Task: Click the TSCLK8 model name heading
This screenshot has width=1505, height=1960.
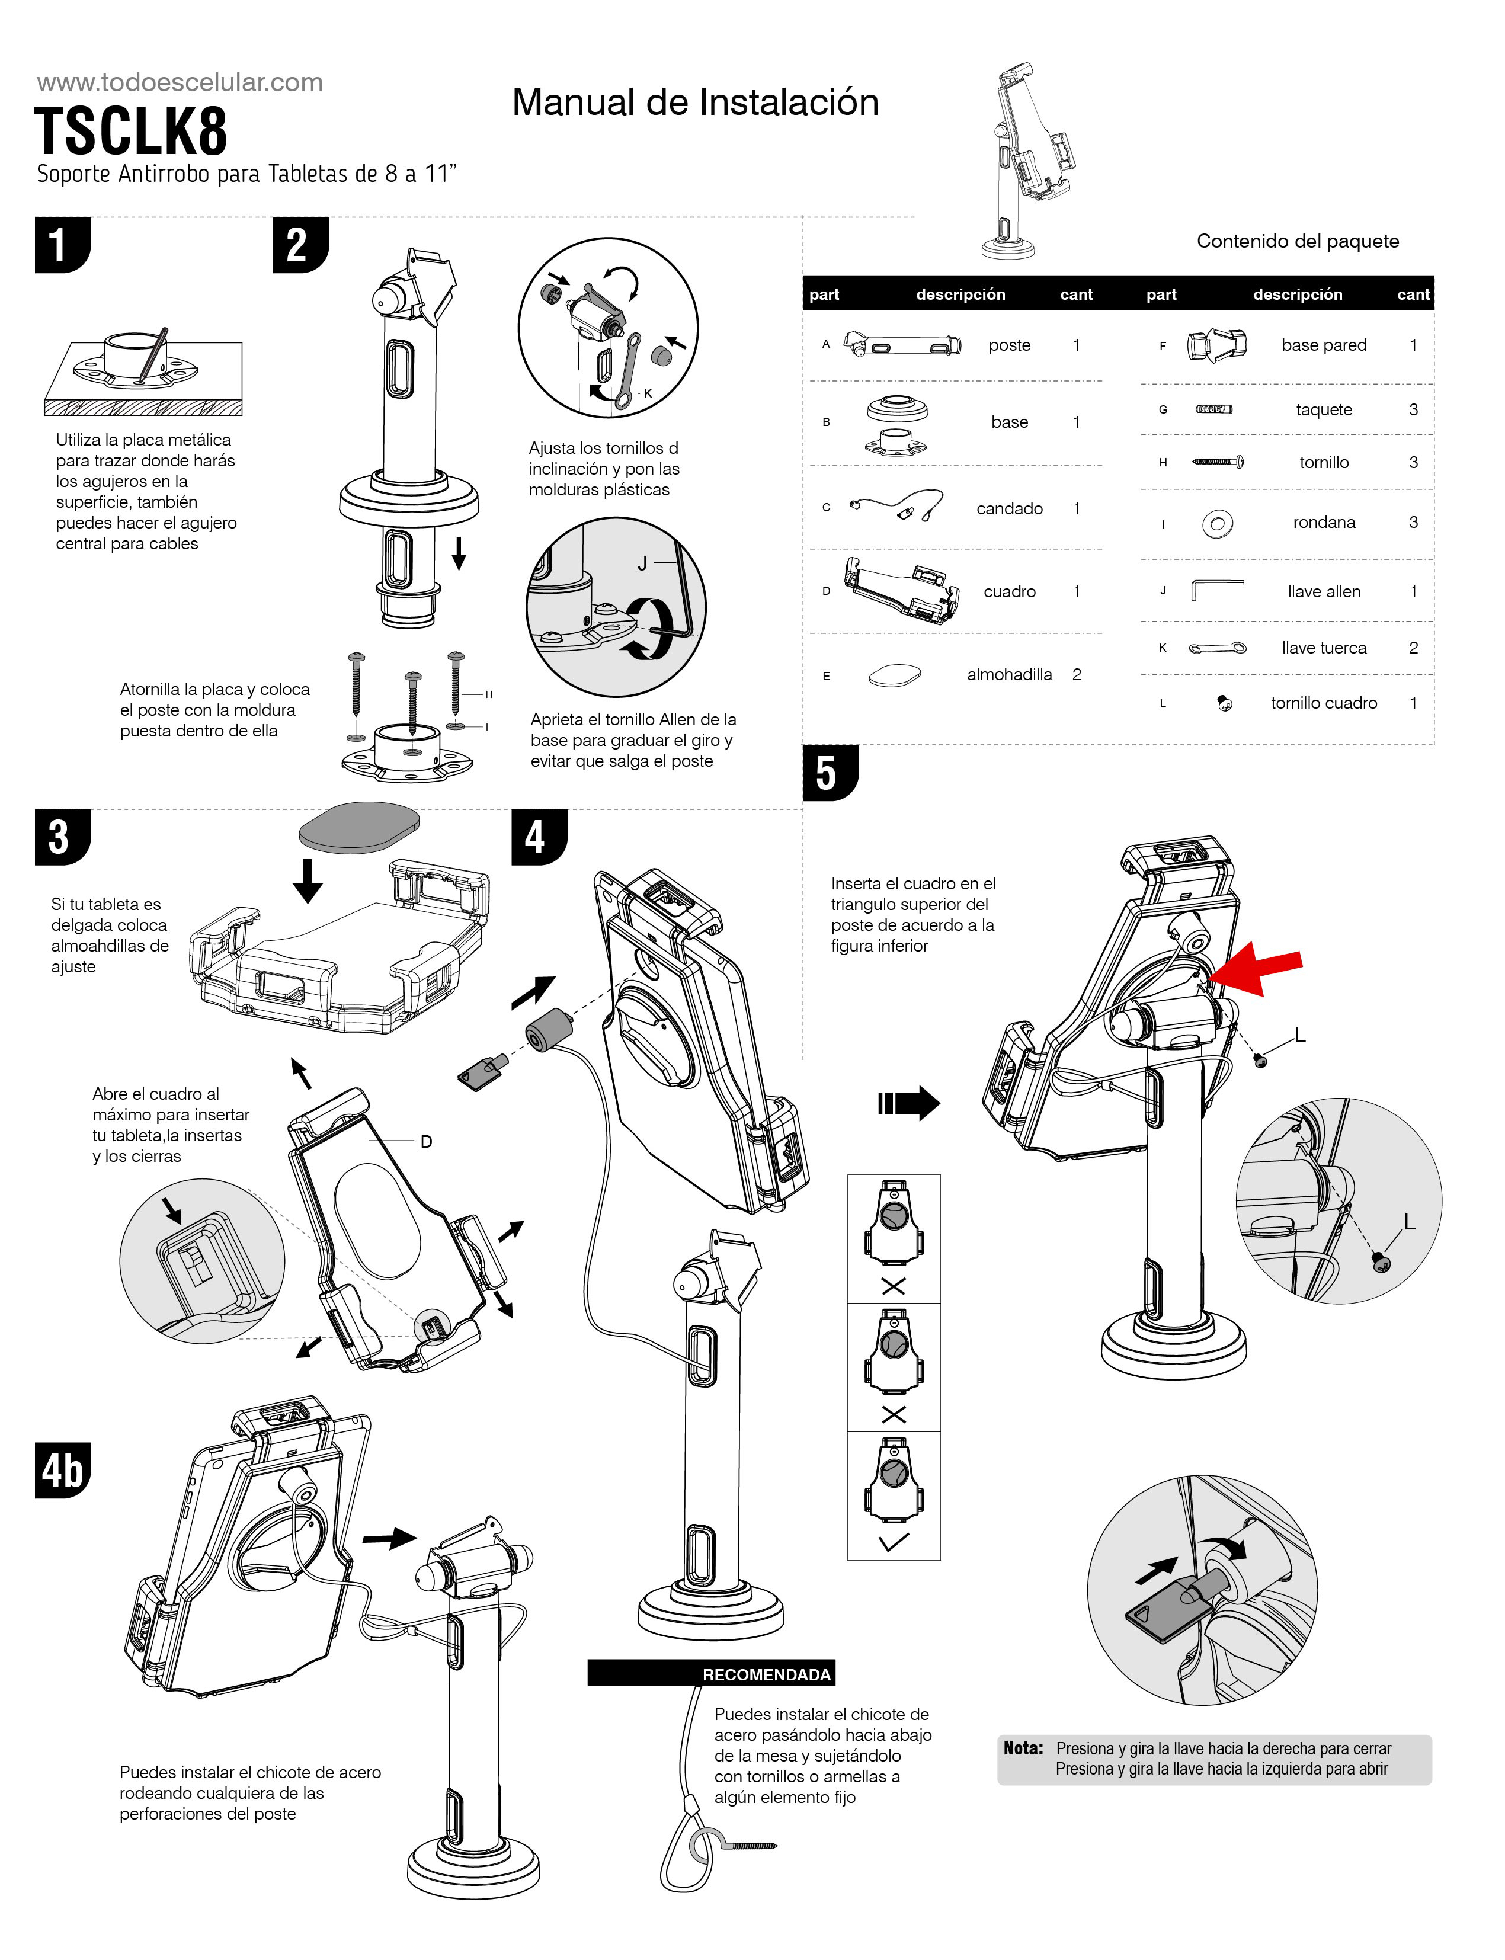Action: pos(131,132)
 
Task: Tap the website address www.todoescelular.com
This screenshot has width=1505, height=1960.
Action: pos(179,82)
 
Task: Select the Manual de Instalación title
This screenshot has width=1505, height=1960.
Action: pos(695,102)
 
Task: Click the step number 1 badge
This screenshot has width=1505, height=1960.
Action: pos(61,245)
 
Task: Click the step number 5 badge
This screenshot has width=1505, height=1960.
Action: pos(829,772)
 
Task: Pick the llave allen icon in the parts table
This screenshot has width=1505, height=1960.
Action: pos(1216,590)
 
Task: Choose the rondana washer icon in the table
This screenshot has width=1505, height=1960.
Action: pos(1218,523)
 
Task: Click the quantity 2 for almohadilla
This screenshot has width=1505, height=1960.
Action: pos(1077,674)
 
